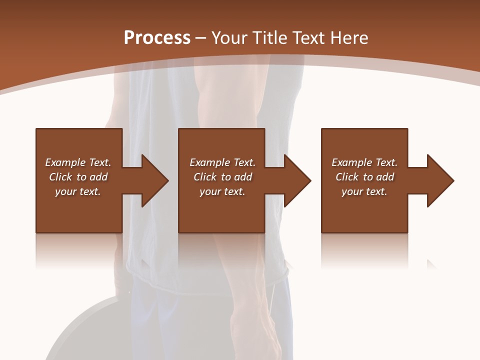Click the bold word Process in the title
[157, 38]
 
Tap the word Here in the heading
[349, 38]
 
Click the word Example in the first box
[65, 162]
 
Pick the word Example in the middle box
[210, 162]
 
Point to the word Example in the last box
[352, 162]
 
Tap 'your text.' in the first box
[78, 191]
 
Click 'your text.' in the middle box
[222, 191]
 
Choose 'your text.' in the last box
[364, 191]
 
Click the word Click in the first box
[60, 177]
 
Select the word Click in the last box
[347, 177]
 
